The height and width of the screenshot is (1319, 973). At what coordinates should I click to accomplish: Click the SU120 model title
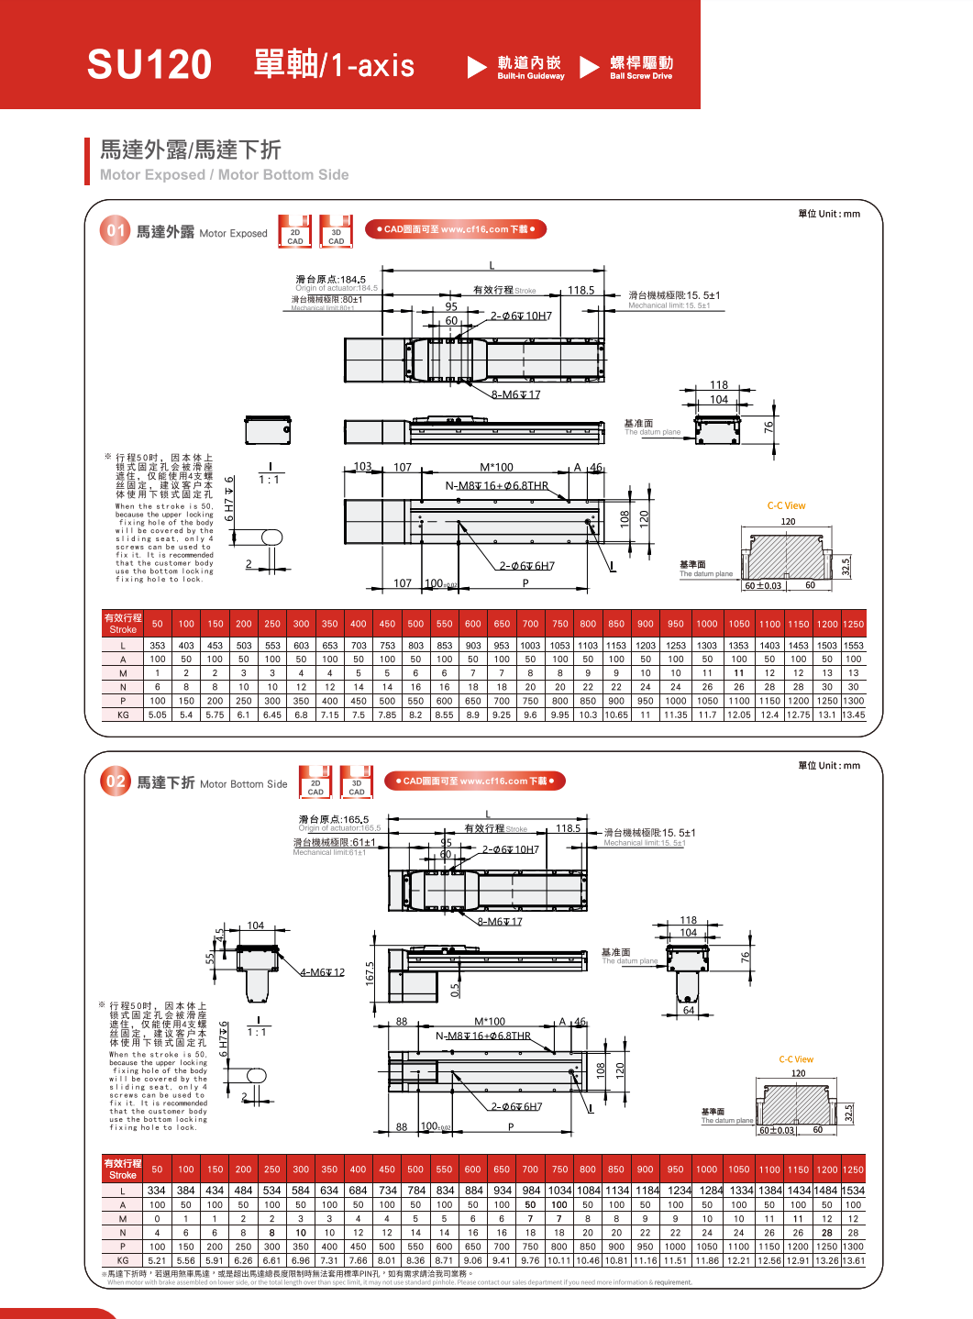click(x=149, y=64)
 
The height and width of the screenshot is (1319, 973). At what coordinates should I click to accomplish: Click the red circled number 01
click(x=115, y=230)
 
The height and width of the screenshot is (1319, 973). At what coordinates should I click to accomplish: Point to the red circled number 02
click(x=116, y=781)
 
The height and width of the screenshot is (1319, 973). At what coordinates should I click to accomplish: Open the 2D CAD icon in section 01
click(x=295, y=232)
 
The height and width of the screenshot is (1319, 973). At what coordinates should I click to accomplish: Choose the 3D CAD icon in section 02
click(x=357, y=782)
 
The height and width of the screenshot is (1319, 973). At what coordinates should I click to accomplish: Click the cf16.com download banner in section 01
click(x=456, y=229)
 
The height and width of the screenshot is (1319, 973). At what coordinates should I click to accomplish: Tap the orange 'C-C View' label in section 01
click(x=786, y=505)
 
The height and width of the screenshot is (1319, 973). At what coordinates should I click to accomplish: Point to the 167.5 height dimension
click(x=370, y=973)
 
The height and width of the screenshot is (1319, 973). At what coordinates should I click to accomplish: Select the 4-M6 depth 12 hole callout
click(x=323, y=972)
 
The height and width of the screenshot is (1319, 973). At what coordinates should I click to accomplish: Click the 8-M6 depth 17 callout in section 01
click(x=515, y=394)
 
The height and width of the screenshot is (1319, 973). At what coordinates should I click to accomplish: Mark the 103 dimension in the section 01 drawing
click(x=363, y=466)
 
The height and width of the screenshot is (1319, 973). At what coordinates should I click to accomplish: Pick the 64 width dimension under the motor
click(x=689, y=1010)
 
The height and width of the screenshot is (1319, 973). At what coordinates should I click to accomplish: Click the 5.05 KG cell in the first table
click(x=158, y=715)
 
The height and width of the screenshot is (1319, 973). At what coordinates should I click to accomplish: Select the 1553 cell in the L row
click(x=853, y=646)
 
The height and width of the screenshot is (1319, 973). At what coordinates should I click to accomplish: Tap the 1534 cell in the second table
click(x=853, y=1191)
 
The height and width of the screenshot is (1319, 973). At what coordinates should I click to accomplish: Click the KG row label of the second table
click(x=122, y=1260)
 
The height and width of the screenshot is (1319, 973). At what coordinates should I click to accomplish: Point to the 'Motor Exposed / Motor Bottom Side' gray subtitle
click(x=224, y=174)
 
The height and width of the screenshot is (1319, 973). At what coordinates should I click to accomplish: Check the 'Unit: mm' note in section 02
click(x=829, y=765)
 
